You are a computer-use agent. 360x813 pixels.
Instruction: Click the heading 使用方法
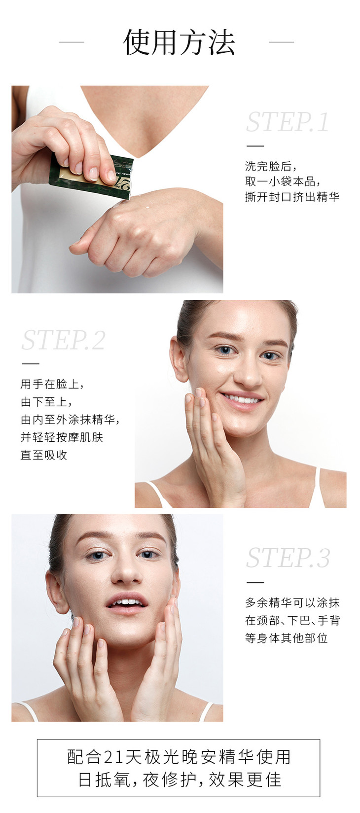point(180,42)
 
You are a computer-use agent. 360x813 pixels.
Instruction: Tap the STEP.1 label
point(288,122)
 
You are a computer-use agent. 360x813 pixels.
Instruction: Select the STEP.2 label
point(64,340)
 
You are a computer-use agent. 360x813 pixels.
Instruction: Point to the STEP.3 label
point(288,558)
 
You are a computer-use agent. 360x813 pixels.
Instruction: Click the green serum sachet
point(91,176)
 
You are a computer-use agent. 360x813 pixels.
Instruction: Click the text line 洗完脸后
point(271,167)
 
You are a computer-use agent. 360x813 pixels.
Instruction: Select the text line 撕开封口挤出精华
point(292,197)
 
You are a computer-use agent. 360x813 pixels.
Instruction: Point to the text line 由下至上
point(46,402)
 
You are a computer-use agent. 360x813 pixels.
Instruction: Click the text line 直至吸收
point(44,455)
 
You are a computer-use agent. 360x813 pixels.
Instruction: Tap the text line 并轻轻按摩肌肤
point(62,437)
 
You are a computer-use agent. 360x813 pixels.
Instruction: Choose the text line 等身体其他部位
point(287,637)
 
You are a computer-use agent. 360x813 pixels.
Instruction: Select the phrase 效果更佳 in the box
point(245,779)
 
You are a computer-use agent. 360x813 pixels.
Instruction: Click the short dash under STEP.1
point(255,146)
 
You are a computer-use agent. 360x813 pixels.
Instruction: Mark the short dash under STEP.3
point(255,582)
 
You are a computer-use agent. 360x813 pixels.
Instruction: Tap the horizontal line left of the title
point(72,42)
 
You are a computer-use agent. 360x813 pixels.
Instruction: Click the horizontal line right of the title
point(282,42)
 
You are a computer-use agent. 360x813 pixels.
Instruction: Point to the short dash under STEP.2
point(31,364)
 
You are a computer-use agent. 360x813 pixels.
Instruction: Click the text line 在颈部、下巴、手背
point(292,620)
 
